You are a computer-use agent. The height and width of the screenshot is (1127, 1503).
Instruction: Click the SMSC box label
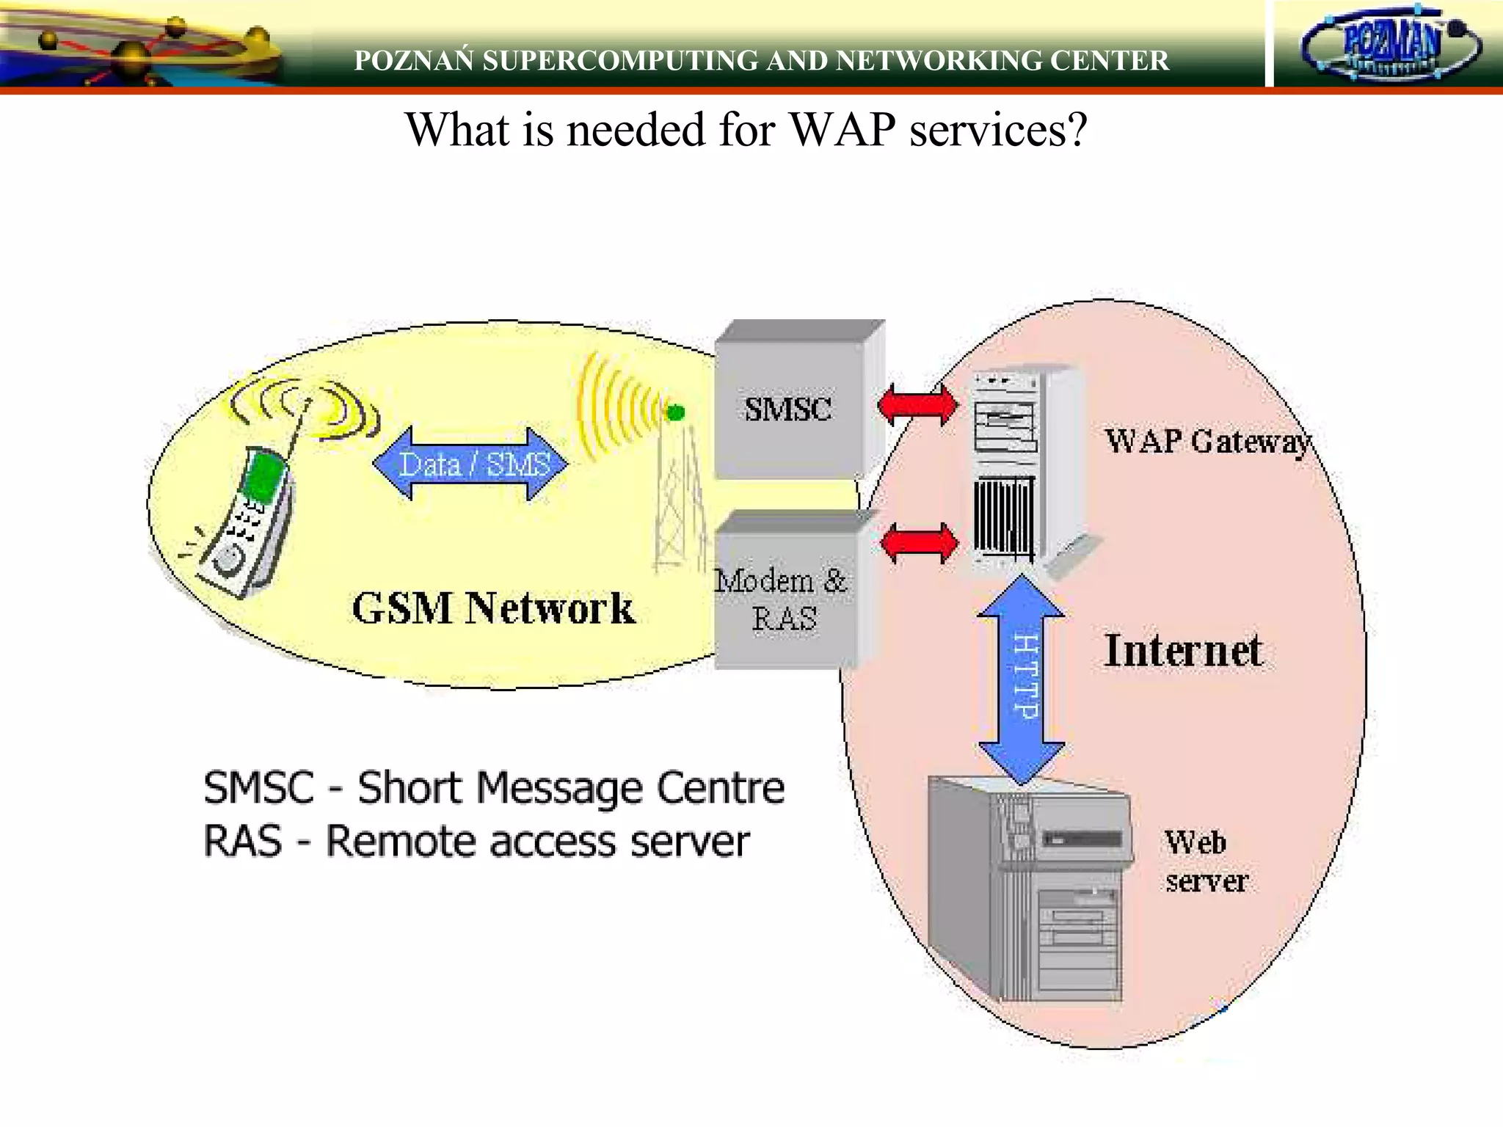coord(788,409)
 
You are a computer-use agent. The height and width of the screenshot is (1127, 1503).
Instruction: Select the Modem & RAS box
coord(783,599)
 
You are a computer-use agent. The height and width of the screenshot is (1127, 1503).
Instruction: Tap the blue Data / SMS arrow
coord(470,464)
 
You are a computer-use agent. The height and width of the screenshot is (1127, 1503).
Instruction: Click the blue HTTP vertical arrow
coord(1022,678)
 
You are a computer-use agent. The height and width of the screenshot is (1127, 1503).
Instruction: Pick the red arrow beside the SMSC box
coord(917,404)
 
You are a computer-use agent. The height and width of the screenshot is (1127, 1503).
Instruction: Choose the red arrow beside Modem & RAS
coord(919,543)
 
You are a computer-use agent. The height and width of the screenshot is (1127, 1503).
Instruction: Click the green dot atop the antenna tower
coord(675,412)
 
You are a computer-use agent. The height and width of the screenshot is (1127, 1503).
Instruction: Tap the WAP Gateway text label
coord(1207,442)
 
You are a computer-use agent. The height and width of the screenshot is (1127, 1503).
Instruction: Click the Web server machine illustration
coord(1027,891)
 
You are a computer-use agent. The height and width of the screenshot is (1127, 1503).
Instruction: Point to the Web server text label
coord(1205,861)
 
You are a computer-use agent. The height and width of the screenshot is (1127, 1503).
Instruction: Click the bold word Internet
coord(1183,651)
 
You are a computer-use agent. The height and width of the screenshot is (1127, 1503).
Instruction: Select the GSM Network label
coord(493,608)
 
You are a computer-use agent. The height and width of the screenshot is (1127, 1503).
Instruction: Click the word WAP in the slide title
coord(843,130)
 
